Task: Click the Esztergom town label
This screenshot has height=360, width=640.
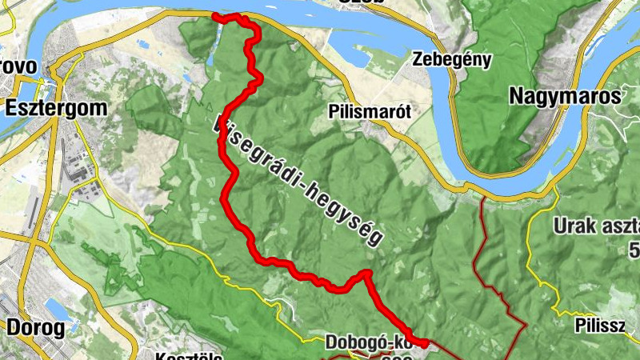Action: (51, 106)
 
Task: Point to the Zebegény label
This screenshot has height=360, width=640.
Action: (452, 59)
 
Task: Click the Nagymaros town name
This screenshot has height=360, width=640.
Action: (565, 97)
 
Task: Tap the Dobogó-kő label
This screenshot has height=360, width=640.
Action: (367, 342)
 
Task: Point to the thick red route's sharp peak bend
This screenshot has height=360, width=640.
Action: (366, 274)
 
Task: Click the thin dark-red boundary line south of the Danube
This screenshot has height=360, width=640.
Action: (484, 240)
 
